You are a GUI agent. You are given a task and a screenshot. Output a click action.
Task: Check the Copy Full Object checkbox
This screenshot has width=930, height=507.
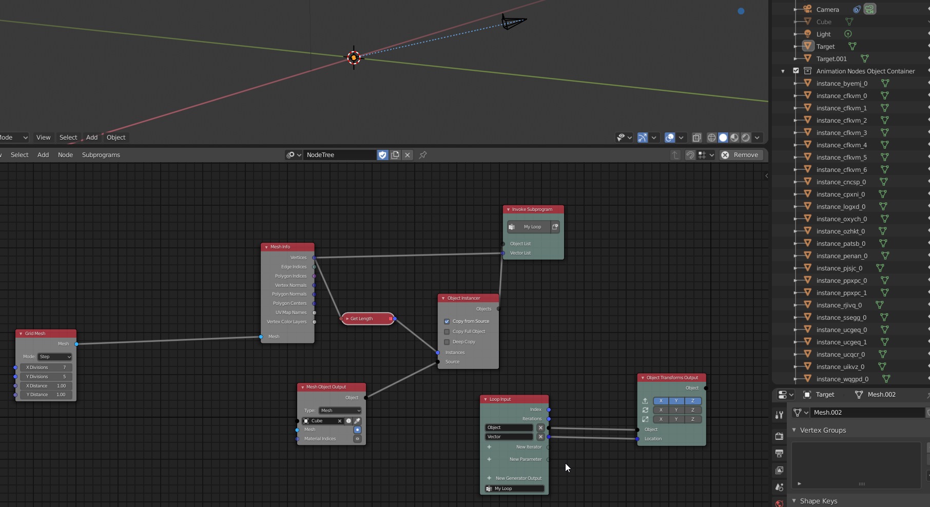(447, 331)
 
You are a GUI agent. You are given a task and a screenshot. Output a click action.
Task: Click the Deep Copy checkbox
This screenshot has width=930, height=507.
(447, 342)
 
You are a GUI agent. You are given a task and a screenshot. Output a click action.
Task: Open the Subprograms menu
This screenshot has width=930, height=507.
(101, 155)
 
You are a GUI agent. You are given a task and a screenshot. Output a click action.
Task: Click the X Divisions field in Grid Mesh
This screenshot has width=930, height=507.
(46, 367)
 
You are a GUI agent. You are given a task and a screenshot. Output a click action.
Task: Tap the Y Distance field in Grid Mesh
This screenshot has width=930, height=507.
(46, 395)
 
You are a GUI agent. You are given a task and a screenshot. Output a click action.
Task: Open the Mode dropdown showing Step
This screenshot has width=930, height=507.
(54, 357)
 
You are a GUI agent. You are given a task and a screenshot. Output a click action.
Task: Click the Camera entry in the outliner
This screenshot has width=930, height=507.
(827, 9)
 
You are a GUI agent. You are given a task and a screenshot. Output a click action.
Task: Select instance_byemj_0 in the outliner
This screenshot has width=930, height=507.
(842, 84)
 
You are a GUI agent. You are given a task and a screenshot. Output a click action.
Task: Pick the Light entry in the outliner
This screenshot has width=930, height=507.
(823, 34)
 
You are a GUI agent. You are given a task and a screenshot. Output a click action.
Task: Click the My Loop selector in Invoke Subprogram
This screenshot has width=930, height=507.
(532, 227)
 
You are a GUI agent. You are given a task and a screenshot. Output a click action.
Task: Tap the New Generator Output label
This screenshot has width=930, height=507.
(518, 478)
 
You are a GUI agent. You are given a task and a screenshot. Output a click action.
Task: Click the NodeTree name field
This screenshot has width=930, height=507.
(339, 155)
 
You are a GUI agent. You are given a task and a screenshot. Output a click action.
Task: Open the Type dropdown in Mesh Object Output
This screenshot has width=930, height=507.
(340, 411)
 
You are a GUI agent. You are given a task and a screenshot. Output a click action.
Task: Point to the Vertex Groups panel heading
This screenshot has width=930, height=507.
(823, 430)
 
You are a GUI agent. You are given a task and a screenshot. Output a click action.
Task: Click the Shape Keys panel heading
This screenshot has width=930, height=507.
(818, 501)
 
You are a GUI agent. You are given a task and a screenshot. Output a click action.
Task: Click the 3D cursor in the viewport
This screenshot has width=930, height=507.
(354, 57)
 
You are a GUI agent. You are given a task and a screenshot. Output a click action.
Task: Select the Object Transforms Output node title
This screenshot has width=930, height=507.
(672, 378)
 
